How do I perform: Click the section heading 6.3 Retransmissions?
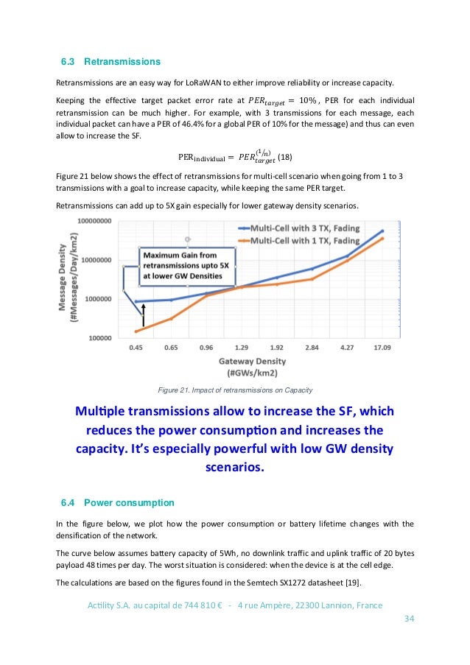110,60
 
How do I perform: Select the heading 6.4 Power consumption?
118,503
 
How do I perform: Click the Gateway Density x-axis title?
252,361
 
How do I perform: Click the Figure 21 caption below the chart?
236,389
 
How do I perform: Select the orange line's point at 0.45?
136,331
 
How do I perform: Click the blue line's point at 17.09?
382,231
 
